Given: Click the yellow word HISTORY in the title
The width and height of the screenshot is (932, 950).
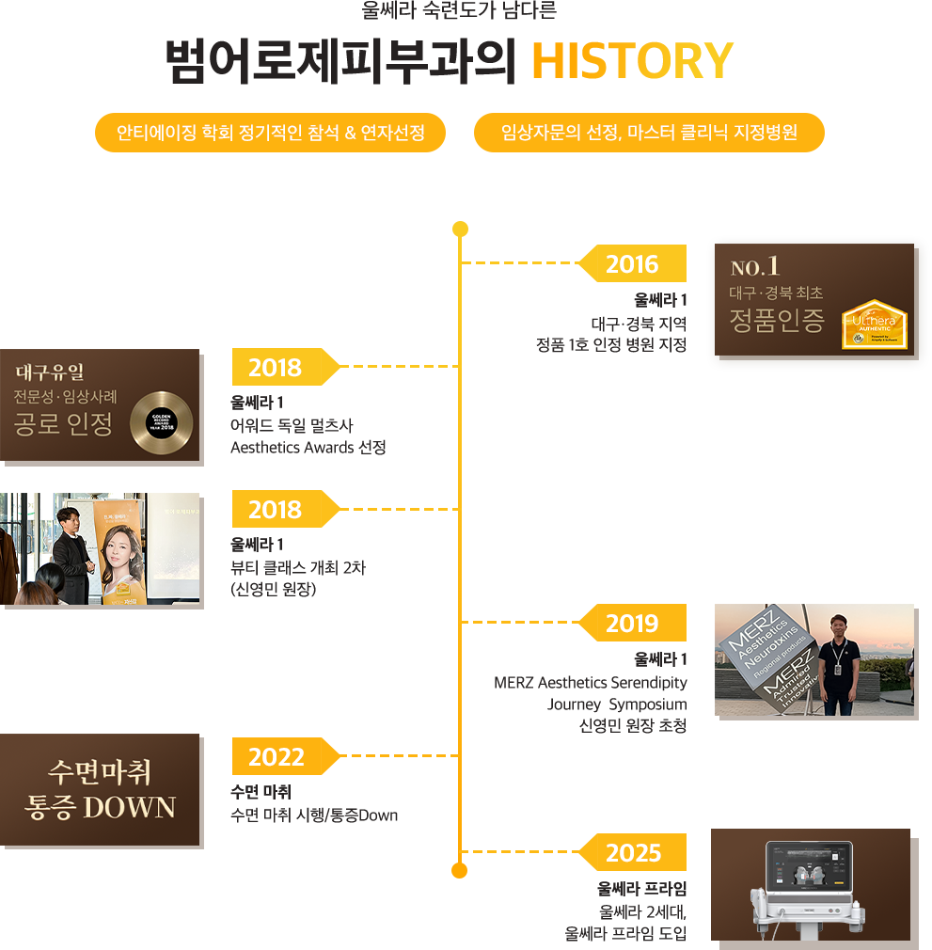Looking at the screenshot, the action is coord(632,61).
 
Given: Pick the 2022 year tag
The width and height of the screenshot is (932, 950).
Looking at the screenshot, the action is coord(276,757).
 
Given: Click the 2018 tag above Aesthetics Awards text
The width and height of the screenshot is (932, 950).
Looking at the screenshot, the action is coord(276,368).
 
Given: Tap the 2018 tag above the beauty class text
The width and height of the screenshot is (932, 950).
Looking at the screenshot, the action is coord(276,510).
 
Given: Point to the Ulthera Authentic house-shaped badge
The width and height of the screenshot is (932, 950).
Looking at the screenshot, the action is coord(874,325).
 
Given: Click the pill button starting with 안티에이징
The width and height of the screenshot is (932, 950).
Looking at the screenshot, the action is coord(270,133).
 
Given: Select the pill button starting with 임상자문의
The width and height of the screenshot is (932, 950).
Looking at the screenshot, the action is coord(650,133).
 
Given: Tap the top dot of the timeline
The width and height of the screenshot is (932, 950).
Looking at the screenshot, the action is coord(460,229).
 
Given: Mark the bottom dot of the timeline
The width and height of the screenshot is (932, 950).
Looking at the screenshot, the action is coord(460,870).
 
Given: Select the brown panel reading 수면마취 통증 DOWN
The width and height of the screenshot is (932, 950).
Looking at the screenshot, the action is coord(101,790).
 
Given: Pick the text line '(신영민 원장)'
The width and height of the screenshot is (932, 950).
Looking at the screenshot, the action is coord(273,590).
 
